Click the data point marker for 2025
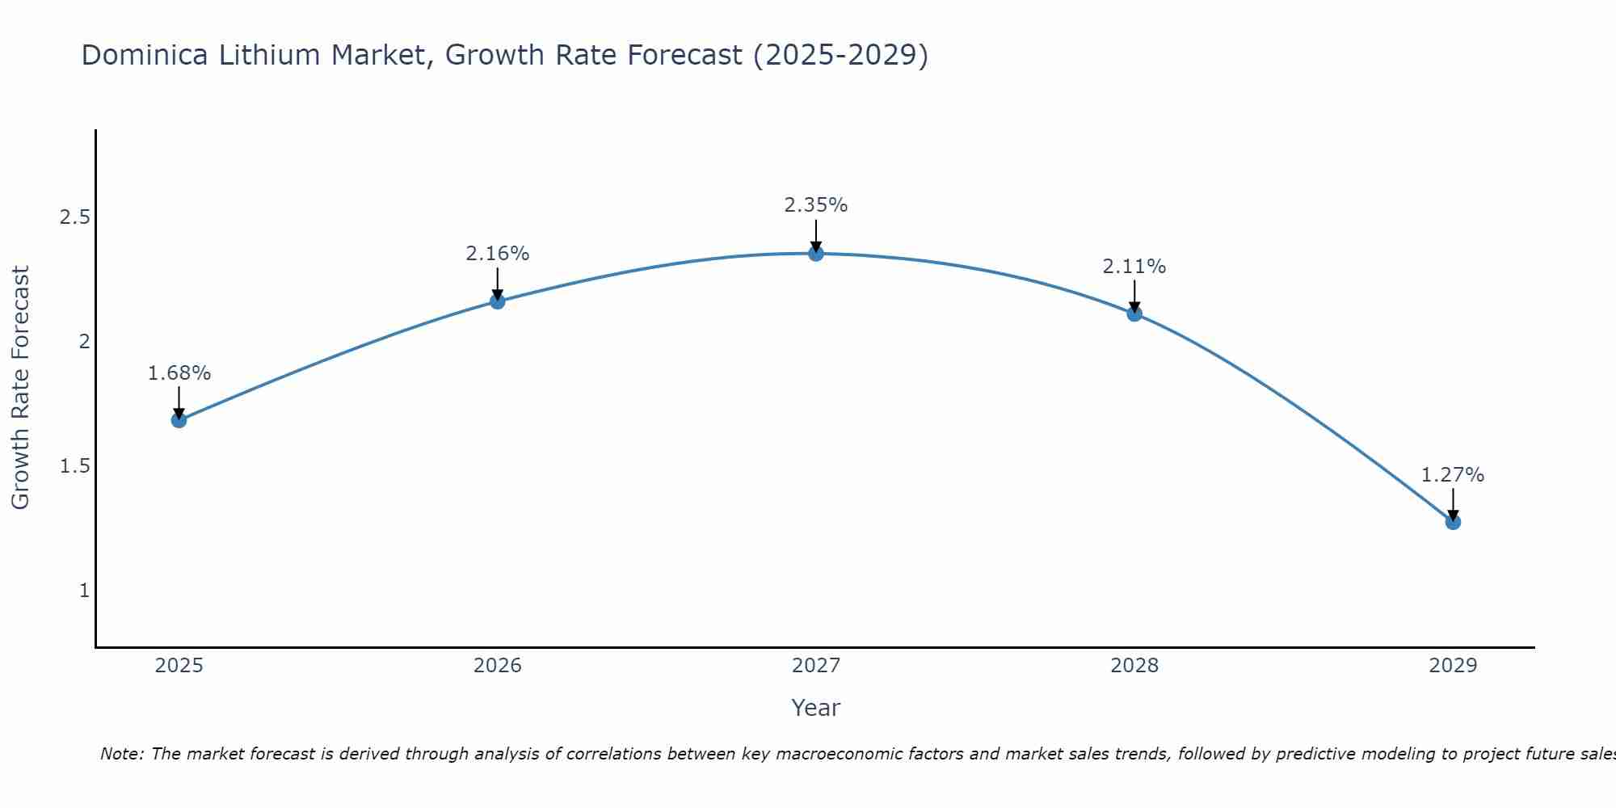pyautogui.click(x=179, y=420)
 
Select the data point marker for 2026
pyautogui.click(x=498, y=301)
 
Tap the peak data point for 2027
pyautogui.click(x=816, y=254)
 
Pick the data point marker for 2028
pyautogui.click(x=1134, y=314)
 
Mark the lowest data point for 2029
pyautogui.click(x=1453, y=522)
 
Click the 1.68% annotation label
pyautogui.click(x=179, y=373)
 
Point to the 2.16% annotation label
pyautogui.click(x=498, y=254)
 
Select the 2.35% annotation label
pyautogui.click(x=816, y=205)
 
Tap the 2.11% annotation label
pyautogui.click(x=1134, y=267)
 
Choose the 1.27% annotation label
pyautogui.click(x=1453, y=475)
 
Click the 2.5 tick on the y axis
pyautogui.click(x=75, y=217)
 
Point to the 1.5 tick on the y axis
pyautogui.click(x=75, y=466)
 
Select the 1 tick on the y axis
pyautogui.click(x=84, y=591)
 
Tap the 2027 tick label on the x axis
pyautogui.click(x=816, y=666)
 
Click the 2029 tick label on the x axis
pyautogui.click(x=1453, y=666)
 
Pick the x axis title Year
pyautogui.click(x=816, y=708)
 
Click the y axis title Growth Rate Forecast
pyautogui.click(x=21, y=388)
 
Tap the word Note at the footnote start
pyautogui.click(x=122, y=754)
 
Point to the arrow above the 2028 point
pyautogui.click(x=1134, y=295)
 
